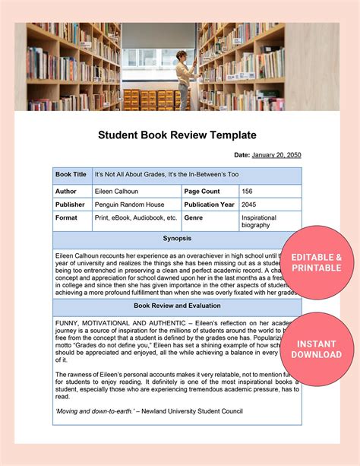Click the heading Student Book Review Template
(x=177, y=135)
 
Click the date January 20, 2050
(x=276, y=155)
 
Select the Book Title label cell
(x=71, y=174)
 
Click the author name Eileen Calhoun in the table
(x=116, y=191)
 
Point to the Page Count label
(x=203, y=191)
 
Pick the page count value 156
(x=248, y=191)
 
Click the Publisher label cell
(x=70, y=204)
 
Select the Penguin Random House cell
(x=129, y=204)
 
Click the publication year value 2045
(x=249, y=204)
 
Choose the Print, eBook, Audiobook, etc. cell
(x=136, y=217)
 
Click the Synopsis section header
(x=177, y=239)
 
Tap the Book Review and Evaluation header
(x=177, y=306)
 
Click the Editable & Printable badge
(x=317, y=262)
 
